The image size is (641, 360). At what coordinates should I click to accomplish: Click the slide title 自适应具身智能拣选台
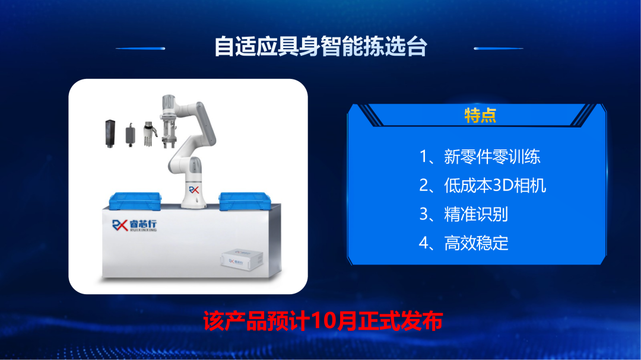(x=320, y=46)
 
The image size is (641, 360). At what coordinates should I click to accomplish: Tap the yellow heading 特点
(x=480, y=116)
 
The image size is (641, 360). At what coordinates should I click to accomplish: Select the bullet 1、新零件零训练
(x=480, y=157)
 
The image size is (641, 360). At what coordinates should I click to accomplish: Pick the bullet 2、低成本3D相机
(x=483, y=186)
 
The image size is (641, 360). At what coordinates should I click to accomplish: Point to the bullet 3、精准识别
(x=464, y=215)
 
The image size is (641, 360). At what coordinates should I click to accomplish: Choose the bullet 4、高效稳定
(x=464, y=243)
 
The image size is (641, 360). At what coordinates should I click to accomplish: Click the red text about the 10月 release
(x=323, y=321)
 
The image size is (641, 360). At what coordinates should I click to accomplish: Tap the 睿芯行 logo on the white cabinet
(x=135, y=225)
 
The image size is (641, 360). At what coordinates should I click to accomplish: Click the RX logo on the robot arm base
(x=193, y=190)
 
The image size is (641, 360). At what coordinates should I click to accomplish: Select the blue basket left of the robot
(x=135, y=200)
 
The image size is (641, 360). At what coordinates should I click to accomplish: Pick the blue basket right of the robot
(x=245, y=201)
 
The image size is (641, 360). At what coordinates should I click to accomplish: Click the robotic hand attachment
(x=150, y=133)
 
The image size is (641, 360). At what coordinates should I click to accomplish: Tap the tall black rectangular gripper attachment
(x=110, y=133)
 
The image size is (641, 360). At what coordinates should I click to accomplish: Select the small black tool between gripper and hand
(x=131, y=134)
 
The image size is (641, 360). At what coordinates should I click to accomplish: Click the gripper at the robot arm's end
(x=169, y=130)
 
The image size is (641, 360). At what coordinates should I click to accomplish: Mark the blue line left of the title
(x=140, y=48)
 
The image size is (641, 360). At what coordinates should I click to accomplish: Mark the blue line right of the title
(x=499, y=48)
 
